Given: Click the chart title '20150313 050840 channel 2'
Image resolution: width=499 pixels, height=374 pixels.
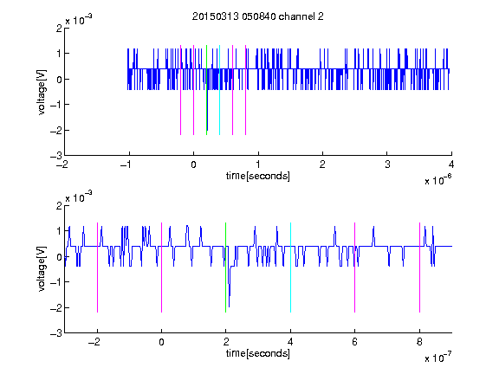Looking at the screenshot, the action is coord(258,16).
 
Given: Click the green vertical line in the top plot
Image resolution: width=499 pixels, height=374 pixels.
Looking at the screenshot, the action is coord(206,90).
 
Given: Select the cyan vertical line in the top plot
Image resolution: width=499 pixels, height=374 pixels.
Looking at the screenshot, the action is coord(219,90).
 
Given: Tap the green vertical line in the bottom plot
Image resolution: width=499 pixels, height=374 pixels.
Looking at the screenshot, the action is coord(225,268).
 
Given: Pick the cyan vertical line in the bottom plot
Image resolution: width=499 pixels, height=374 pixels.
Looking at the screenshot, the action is coord(290,268).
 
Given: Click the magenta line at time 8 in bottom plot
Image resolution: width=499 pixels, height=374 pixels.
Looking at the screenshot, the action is coord(420,268).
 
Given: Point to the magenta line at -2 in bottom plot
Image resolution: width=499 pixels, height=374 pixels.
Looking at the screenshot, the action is coord(97,268).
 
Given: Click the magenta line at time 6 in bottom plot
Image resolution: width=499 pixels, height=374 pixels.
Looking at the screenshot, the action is coord(355,268).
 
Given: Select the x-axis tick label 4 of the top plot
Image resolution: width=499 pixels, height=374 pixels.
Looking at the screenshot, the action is coord(451,164).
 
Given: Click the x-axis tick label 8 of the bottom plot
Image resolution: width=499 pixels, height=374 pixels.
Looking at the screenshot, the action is coord(419,342).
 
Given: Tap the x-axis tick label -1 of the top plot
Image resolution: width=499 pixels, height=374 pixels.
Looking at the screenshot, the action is coord(126,164).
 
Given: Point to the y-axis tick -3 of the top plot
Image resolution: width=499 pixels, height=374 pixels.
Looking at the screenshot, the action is coord(56,156).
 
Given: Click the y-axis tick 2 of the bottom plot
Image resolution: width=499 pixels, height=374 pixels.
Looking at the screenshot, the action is coord(59,205).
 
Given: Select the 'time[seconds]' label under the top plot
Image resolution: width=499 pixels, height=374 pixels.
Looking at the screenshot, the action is coord(258,176).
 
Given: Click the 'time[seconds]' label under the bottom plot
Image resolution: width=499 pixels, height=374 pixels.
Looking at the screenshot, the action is coord(258,353).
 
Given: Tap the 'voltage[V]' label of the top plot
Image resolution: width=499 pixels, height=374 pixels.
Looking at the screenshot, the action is coord(42,92).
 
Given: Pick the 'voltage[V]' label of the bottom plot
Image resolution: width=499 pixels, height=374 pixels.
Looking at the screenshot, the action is coord(42,269).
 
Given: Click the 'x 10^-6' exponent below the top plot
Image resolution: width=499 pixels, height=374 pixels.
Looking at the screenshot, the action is coord(437,180).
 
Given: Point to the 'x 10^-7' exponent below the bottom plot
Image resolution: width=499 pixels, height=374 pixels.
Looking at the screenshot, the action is coord(437,358).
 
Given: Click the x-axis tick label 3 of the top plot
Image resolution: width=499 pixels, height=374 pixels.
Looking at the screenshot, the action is coord(387,164).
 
